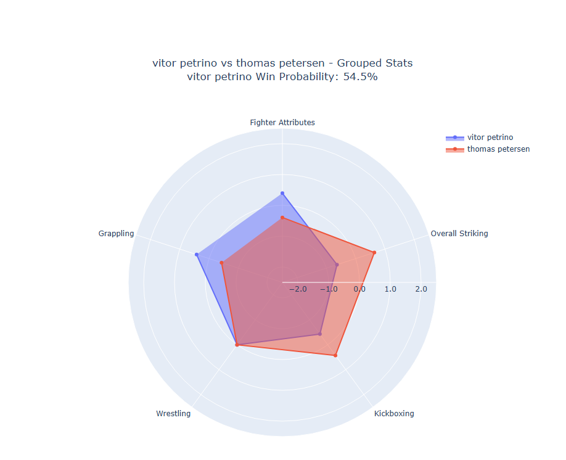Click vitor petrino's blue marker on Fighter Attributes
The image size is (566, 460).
click(x=282, y=194)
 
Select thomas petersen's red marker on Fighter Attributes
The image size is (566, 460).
click(x=282, y=218)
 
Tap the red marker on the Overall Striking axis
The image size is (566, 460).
click(x=374, y=252)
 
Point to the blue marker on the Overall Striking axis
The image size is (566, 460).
click(x=337, y=265)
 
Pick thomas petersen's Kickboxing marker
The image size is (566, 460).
click(x=335, y=355)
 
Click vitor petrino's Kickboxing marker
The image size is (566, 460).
click(x=319, y=334)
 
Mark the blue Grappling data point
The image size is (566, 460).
click(x=197, y=255)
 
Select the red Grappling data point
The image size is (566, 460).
click(x=221, y=263)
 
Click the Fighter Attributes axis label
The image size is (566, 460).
click(x=282, y=123)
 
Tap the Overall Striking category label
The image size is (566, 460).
click(x=459, y=234)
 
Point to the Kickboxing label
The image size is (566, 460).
click(x=394, y=414)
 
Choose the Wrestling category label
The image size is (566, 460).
click(x=173, y=414)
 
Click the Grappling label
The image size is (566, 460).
click(x=116, y=234)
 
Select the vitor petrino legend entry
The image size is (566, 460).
click(x=490, y=138)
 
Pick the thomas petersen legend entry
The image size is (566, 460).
click(x=498, y=149)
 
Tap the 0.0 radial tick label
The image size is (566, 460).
click(x=359, y=289)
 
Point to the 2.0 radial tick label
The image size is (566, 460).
click(x=420, y=289)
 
